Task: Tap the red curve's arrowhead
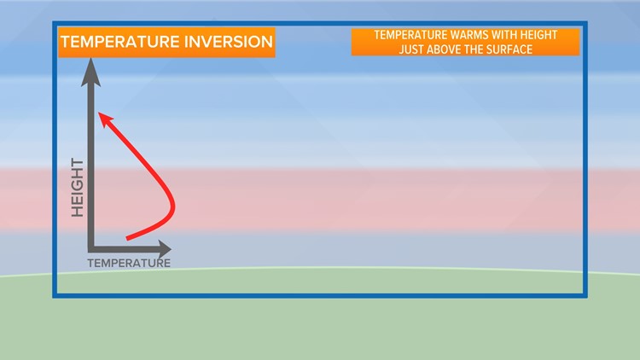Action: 103,119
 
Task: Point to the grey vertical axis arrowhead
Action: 90,74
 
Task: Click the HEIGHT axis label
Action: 77,187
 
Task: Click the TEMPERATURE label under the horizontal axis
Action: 129,263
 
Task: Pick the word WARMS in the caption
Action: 463,35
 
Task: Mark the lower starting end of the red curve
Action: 128,237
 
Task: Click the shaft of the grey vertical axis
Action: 90,162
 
